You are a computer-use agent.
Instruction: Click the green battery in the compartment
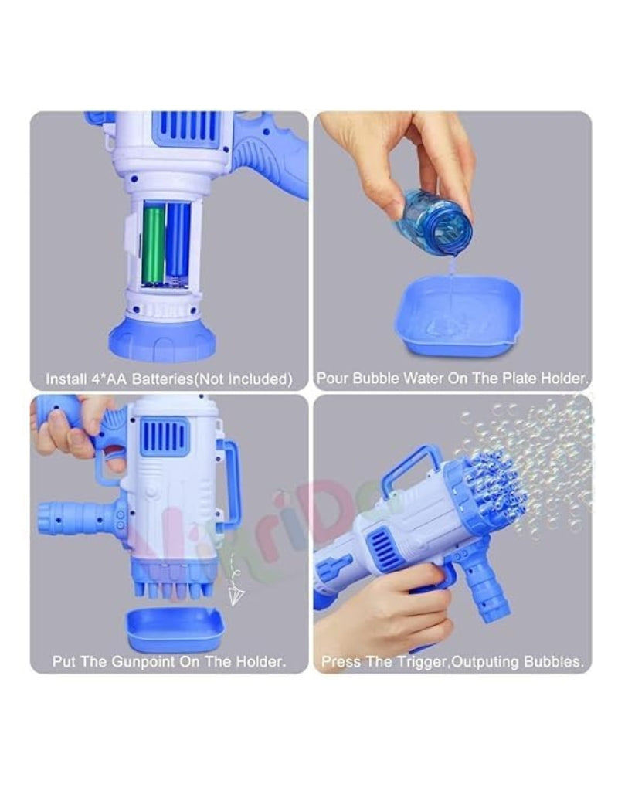(154, 243)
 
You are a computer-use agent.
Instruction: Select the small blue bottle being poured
(435, 217)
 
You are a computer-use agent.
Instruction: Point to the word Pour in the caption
(332, 379)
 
